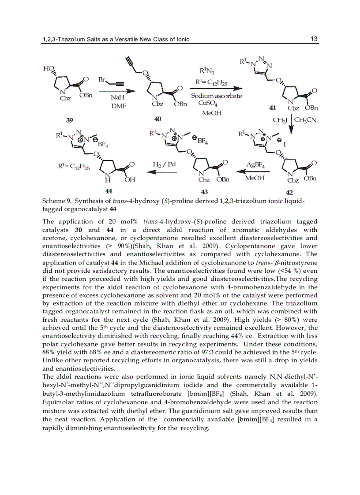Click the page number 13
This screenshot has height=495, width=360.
[314, 39]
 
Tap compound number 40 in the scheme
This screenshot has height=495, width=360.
[157, 119]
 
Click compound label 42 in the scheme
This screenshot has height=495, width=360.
[289, 193]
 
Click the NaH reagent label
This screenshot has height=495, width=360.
[117, 97]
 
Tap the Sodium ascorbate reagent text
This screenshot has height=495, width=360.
[216, 96]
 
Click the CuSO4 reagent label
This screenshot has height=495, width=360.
[208, 104]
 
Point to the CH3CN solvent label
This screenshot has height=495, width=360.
[306, 120]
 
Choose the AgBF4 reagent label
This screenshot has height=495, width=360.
[255, 165]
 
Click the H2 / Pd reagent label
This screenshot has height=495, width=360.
[164, 164]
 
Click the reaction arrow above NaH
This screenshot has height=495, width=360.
[117, 91]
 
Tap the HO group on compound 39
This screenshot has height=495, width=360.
[48, 68]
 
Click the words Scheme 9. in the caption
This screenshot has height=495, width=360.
[57, 201]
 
